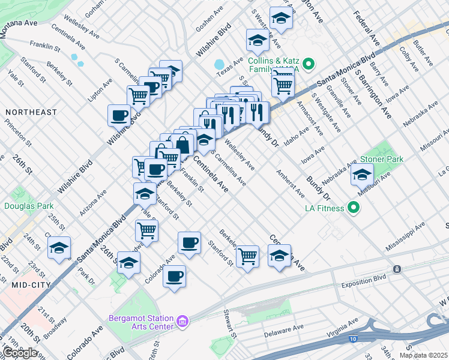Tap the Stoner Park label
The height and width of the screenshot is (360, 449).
(x=381, y=159)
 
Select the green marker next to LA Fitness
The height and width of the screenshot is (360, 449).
(x=354, y=208)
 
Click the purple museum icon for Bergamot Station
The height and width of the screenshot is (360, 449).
(x=183, y=323)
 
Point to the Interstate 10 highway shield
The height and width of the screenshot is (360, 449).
(x=351, y=339)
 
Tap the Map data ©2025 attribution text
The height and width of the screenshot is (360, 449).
(x=424, y=355)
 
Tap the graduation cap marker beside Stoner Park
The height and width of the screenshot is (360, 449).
(x=363, y=175)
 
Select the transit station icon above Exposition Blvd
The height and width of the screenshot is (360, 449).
(x=396, y=269)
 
